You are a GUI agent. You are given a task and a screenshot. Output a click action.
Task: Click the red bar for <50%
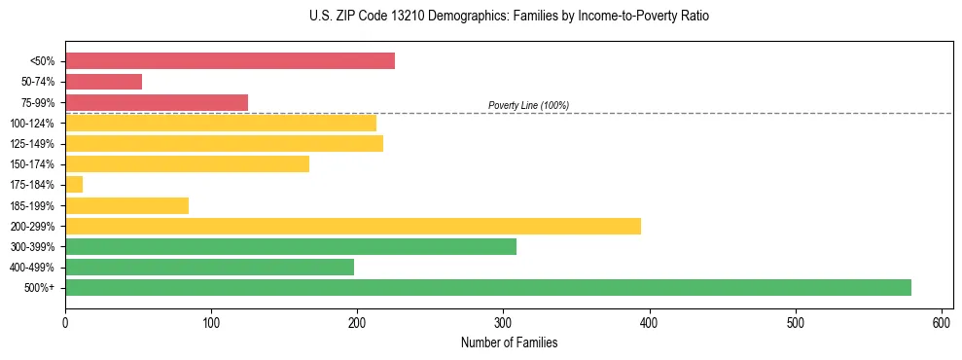click(x=230, y=61)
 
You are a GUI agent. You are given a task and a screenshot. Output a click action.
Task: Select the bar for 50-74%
click(x=103, y=82)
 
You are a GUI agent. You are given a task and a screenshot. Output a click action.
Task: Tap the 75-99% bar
click(x=157, y=102)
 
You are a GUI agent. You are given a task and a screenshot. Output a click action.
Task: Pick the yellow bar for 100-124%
click(x=221, y=123)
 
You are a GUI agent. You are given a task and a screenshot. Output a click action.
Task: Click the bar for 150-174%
click(x=187, y=163)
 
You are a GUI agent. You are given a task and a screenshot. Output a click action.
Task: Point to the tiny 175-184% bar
click(x=74, y=184)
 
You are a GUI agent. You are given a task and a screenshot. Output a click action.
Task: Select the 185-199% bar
click(x=126, y=205)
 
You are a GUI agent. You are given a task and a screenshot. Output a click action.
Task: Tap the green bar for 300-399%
click(x=291, y=246)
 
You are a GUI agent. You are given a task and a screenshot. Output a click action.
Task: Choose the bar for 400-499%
click(x=209, y=267)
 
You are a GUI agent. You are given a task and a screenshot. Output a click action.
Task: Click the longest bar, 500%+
click(x=488, y=287)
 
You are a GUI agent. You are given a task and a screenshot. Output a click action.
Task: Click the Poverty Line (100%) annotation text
click(x=528, y=105)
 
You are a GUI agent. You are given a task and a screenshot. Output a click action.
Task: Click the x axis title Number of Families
click(x=509, y=343)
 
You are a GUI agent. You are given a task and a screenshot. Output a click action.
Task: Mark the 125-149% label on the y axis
click(x=32, y=144)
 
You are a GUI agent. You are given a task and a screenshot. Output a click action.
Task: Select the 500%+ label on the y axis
click(x=39, y=288)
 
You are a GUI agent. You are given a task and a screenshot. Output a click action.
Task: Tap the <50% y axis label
click(x=42, y=61)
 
